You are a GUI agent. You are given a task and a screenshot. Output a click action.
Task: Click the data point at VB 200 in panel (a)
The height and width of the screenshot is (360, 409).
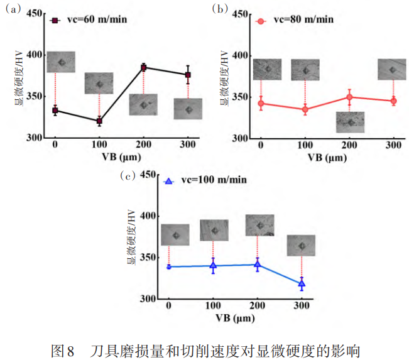(x=143, y=67)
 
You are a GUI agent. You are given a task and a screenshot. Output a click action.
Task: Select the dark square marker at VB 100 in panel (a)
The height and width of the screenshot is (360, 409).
(x=99, y=121)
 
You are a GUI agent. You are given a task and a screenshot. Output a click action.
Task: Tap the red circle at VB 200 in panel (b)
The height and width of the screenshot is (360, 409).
(x=349, y=97)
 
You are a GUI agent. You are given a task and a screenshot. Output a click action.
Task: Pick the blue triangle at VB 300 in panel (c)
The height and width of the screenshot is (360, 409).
(x=302, y=284)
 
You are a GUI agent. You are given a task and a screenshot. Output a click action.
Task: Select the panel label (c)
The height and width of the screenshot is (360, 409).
(x=128, y=177)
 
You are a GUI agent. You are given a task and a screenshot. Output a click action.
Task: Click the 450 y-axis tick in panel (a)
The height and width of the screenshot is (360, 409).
(x=36, y=13)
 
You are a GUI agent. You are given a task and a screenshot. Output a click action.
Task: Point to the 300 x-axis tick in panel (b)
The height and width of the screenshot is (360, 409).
(x=393, y=146)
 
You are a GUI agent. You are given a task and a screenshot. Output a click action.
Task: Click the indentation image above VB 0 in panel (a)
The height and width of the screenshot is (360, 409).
(x=61, y=62)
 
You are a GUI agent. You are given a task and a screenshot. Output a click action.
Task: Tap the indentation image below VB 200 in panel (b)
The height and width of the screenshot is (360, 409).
(x=350, y=122)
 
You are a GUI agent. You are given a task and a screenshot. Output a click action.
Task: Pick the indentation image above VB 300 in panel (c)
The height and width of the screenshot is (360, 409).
(x=301, y=245)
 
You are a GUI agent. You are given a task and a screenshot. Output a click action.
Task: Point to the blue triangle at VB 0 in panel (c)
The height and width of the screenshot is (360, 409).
(x=169, y=267)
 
